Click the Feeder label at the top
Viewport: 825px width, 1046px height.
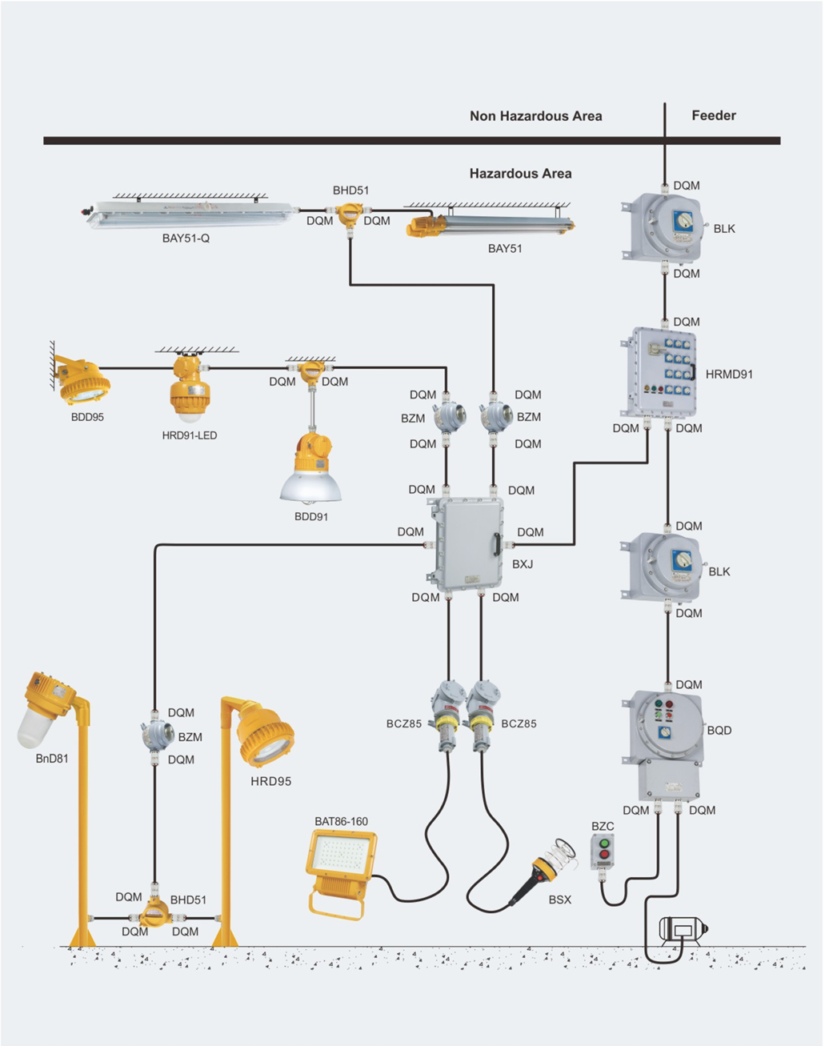pyautogui.click(x=713, y=115)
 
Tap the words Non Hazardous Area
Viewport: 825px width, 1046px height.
pyautogui.click(x=535, y=116)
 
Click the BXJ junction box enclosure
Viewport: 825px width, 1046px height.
pyautogui.click(x=467, y=545)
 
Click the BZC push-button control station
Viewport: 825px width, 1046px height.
pyautogui.click(x=603, y=852)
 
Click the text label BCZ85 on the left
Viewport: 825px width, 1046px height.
pyautogui.click(x=404, y=723)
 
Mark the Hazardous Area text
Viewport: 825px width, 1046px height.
pyautogui.click(x=520, y=173)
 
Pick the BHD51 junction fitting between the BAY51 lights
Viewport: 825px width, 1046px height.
pyautogui.click(x=349, y=214)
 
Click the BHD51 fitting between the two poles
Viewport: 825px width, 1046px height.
pyautogui.click(x=153, y=913)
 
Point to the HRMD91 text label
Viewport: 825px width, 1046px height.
pyautogui.click(x=729, y=374)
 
